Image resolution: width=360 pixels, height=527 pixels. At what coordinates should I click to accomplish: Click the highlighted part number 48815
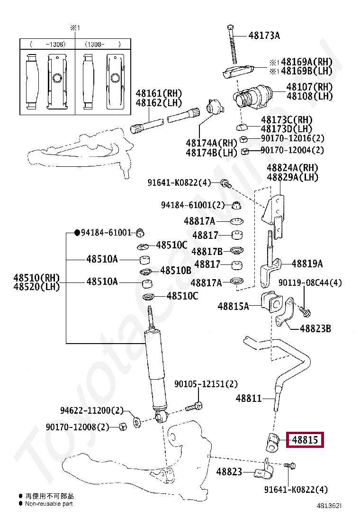[x=305, y=440]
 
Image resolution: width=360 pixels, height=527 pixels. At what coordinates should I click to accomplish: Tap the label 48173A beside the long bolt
[x=264, y=36]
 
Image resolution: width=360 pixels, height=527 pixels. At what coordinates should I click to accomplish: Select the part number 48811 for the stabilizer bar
[x=249, y=399]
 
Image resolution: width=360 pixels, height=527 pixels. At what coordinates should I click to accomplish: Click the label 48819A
[x=307, y=264]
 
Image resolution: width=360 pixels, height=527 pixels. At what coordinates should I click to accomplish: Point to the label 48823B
[x=315, y=328]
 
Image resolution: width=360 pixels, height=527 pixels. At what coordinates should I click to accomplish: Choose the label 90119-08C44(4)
[x=310, y=283]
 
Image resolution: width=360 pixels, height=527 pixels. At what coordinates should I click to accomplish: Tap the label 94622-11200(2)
[x=91, y=410]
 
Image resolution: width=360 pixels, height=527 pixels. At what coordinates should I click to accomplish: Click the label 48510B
[x=175, y=271]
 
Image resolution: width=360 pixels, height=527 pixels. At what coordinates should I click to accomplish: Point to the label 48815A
[x=233, y=306]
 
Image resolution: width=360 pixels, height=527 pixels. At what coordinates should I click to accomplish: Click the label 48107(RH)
[x=309, y=87]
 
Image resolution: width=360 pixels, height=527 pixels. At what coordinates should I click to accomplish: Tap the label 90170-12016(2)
[x=293, y=139]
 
